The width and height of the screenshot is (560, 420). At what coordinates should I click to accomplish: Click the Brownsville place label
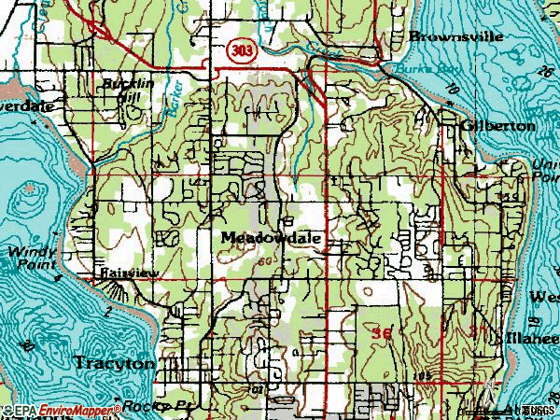[456, 36]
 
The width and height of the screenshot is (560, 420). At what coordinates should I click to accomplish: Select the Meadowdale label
[272, 238]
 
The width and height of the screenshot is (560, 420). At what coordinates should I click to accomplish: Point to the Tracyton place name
[114, 364]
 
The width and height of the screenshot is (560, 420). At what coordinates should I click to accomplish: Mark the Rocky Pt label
[148, 408]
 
